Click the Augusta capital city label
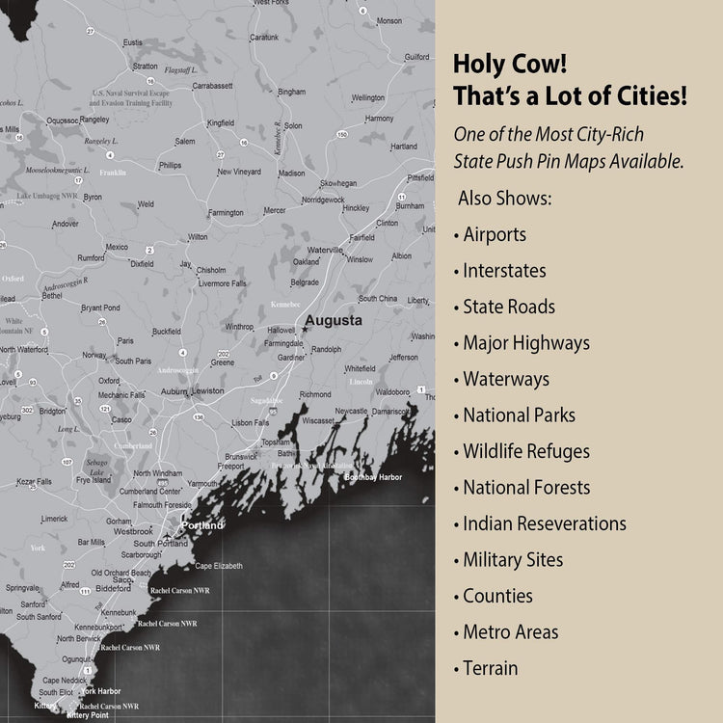334,320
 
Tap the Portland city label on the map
202,525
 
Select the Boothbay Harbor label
373,477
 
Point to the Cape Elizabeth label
220,566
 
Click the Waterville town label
326,250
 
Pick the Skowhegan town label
338,183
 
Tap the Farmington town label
226,212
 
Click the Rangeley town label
94,120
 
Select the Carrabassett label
212,86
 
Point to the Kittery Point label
88,715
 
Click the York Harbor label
100,691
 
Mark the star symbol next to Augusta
304,330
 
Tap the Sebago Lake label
95,468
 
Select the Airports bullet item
495,234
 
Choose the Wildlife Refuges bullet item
526,451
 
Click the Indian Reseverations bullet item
545,523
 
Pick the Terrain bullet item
490,668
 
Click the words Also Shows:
504,198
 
